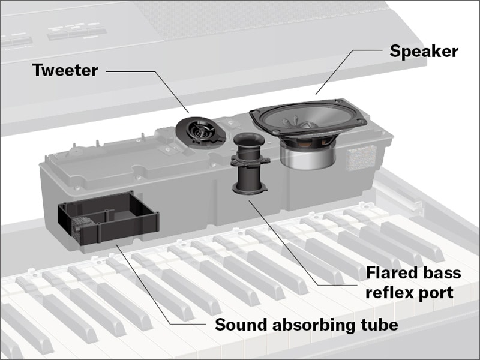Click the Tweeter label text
[x=65, y=70]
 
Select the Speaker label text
[x=424, y=51]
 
